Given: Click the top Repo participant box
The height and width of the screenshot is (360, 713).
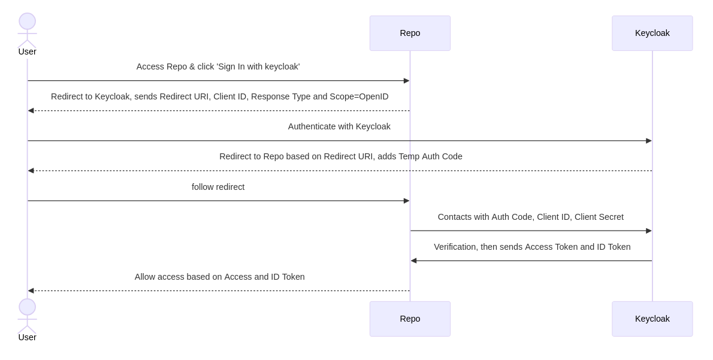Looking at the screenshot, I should click(410, 33).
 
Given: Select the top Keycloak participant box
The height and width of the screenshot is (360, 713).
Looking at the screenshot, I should click(652, 33).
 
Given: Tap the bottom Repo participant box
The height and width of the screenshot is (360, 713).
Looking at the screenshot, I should click(410, 319).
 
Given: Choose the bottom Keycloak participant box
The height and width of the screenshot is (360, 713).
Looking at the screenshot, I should click(652, 319).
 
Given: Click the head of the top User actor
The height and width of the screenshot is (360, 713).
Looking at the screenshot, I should click(27, 21).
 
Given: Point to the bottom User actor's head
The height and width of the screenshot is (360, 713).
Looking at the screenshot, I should click(27, 307).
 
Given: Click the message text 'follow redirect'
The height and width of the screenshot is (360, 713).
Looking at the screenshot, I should click(218, 187).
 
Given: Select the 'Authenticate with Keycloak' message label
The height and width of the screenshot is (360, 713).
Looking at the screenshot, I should click(339, 126).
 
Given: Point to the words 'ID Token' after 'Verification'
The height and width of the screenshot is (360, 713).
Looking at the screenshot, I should click(614, 247).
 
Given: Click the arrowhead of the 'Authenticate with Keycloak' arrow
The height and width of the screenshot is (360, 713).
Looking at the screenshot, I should click(648, 141).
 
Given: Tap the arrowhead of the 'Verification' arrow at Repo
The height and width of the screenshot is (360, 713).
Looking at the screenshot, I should click(414, 261).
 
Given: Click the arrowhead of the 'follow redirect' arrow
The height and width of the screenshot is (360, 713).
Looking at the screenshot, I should click(406, 201).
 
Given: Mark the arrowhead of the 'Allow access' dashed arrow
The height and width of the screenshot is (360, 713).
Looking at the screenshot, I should click(31, 291).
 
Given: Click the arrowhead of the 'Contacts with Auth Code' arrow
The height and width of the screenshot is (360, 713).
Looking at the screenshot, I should click(648, 231).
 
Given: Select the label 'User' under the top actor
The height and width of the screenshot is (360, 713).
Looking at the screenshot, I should click(27, 52).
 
